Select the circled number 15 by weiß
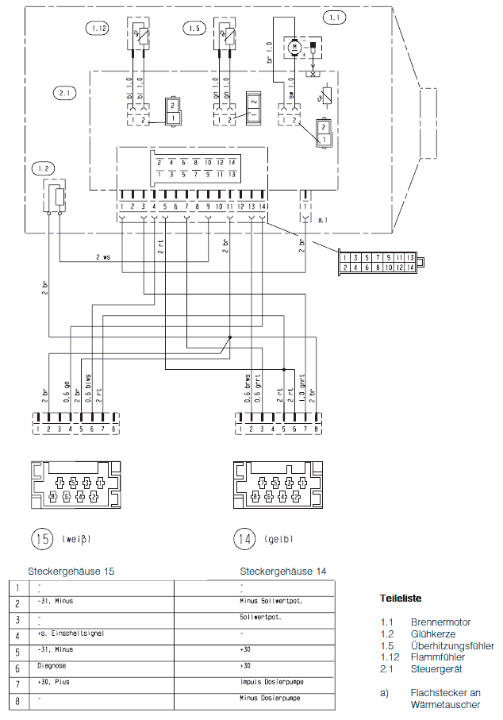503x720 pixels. pos(41,539)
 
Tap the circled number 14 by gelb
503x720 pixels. pos(244,539)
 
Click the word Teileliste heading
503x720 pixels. pos(401,598)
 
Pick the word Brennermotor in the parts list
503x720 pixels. pos(440,623)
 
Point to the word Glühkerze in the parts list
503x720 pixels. pos(433,634)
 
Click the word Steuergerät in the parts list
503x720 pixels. pos(436,668)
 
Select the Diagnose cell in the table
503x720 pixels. pos(53,666)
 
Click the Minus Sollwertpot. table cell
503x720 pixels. pos(270,601)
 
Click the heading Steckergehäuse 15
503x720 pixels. pos(71,571)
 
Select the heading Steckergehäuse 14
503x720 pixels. pos(283,571)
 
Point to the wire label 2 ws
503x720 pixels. pos(103,258)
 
